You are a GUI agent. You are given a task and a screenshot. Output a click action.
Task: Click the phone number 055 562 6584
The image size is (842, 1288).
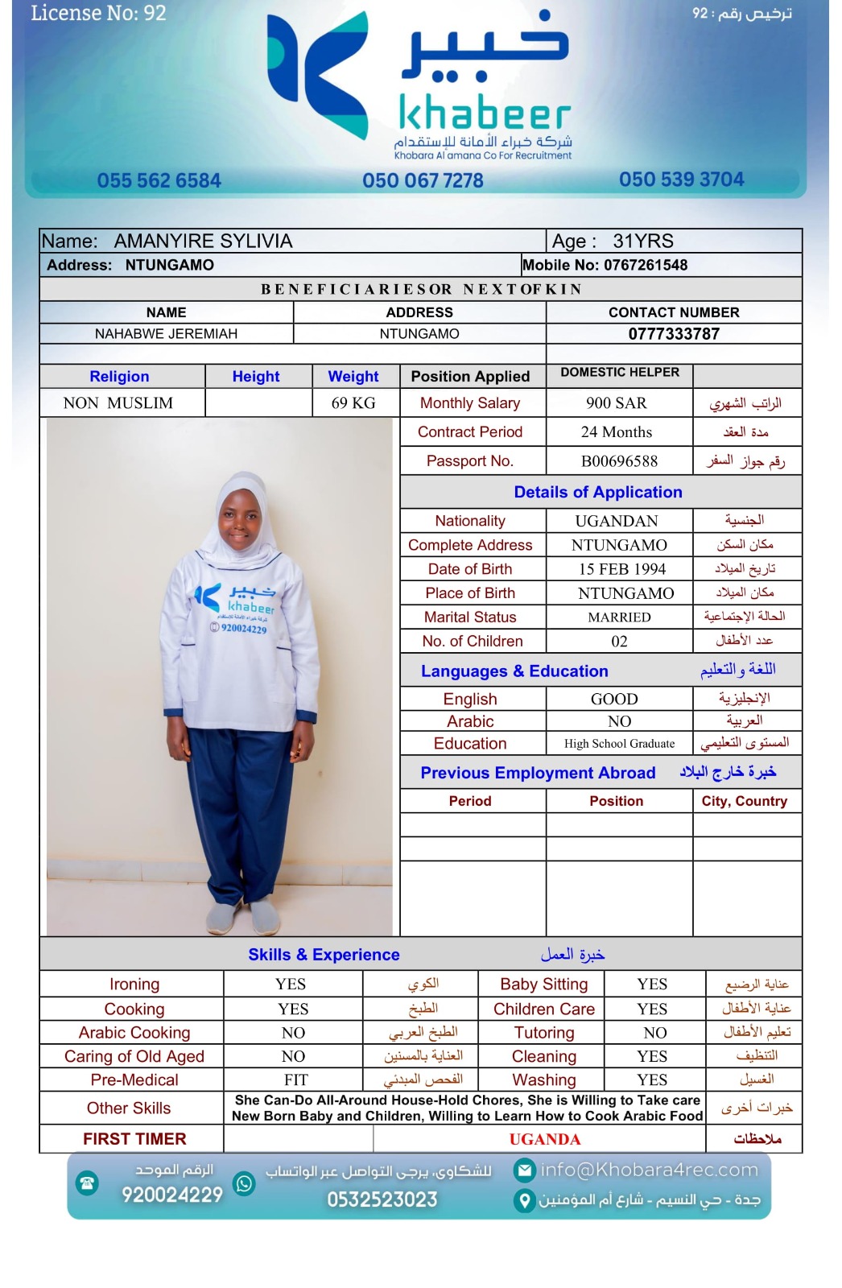point(159,180)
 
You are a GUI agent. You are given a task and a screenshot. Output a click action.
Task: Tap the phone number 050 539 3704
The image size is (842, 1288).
point(681,180)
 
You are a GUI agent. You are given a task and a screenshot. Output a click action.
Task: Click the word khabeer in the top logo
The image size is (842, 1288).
point(485,115)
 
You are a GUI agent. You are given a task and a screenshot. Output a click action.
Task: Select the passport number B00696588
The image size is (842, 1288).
point(619,461)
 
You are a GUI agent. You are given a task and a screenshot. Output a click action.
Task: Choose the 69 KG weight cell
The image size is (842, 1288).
point(353,403)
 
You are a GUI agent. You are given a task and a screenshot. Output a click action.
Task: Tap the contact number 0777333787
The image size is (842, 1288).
point(674,334)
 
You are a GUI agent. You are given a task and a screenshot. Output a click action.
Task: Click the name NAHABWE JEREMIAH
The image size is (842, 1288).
point(166,334)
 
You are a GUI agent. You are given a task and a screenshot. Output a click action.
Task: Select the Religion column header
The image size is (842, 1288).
point(119,377)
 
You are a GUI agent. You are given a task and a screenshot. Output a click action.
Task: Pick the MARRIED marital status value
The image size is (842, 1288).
point(619,617)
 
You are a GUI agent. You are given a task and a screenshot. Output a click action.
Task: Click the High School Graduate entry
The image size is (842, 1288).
point(619,744)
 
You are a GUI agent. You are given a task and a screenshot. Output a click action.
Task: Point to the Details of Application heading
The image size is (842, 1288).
point(598,493)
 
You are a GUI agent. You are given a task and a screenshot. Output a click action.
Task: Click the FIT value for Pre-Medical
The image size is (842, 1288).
point(295,1080)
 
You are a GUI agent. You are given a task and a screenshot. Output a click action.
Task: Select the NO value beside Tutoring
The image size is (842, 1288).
point(654,1033)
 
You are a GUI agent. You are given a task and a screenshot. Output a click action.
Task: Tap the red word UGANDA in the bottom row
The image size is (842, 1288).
point(544,1139)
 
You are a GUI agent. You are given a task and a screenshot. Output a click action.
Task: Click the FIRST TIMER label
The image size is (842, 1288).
point(134,1139)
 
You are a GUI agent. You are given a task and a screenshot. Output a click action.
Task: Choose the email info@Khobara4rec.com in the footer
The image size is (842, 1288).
point(649,1170)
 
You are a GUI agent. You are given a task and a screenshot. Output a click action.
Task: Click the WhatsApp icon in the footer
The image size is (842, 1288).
point(244,1183)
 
